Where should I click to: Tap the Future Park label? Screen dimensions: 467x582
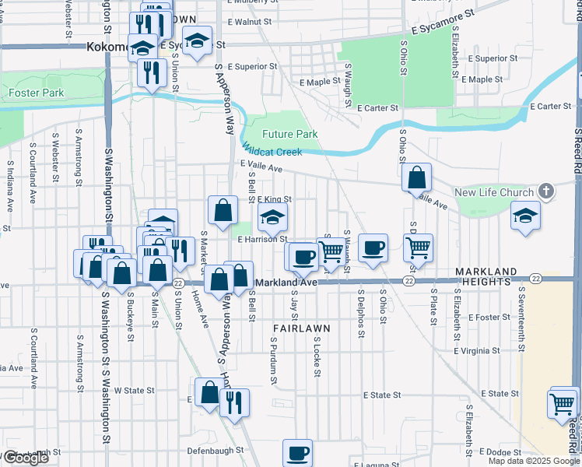[289, 135]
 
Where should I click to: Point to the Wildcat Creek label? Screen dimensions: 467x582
[272, 150]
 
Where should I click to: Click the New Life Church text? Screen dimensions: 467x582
[494, 192]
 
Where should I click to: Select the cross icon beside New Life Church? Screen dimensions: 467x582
[546, 191]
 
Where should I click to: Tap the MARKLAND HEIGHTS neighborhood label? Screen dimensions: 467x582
[486, 277]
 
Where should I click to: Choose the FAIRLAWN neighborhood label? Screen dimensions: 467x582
[301, 329]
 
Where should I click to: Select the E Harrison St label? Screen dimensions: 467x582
[263, 240]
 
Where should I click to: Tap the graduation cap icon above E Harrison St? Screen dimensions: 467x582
[272, 219]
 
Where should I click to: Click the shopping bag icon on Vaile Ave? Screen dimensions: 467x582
[417, 178]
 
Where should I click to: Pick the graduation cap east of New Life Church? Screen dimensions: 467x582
[526, 216]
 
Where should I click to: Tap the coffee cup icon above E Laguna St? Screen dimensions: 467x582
[297, 453]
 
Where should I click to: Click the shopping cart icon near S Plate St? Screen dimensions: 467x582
[419, 248]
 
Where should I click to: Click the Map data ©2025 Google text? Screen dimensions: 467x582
[534, 461]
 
